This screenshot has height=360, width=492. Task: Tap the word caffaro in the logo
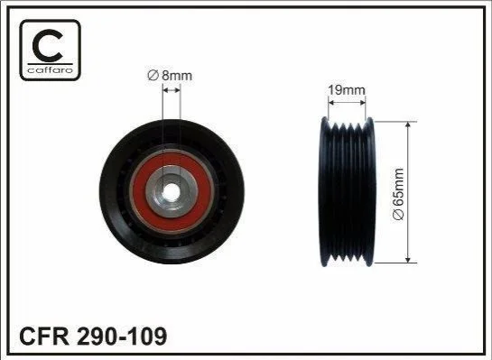tap(51, 69)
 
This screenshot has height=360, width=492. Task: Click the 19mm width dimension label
tap(347, 90)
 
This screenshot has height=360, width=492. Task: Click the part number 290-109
tap(122, 337)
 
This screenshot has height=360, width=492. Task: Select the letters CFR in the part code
tap(44, 337)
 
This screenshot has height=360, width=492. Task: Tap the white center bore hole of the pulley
tap(171, 191)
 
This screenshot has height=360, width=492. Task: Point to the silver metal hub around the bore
tap(153, 191)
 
